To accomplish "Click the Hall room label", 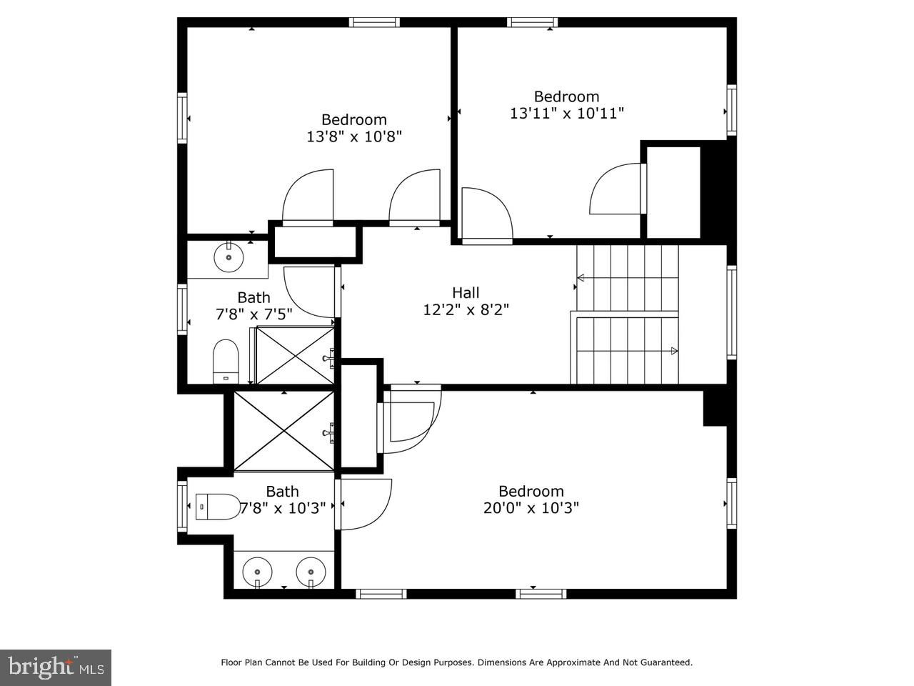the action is pyautogui.click(x=466, y=292).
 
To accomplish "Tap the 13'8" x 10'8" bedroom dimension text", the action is pyautogui.click(x=354, y=136).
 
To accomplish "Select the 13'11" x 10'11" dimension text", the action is pyautogui.click(x=567, y=114).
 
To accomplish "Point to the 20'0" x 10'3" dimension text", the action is pyautogui.click(x=531, y=508).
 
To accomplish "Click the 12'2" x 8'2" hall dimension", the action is pyautogui.click(x=466, y=310).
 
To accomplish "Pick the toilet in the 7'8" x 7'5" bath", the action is pyautogui.click(x=226, y=361).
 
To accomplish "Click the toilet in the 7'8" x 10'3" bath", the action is pyautogui.click(x=218, y=507).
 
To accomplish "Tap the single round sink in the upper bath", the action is pyautogui.click(x=228, y=257).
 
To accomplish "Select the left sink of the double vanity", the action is pyautogui.click(x=257, y=573).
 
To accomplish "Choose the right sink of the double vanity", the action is pyautogui.click(x=311, y=573).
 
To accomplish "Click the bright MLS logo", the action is pyautogui.click(x=56, y=667).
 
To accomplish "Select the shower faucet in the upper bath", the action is pyautogui.click(x=329, y=358).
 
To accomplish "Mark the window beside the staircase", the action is pyautogui.click(x=732, y=312).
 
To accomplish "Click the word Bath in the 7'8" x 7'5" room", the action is pyautogui.click(x=253, y=297).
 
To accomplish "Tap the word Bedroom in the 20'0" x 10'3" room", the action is pyautogui.click(x=531, y=491).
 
